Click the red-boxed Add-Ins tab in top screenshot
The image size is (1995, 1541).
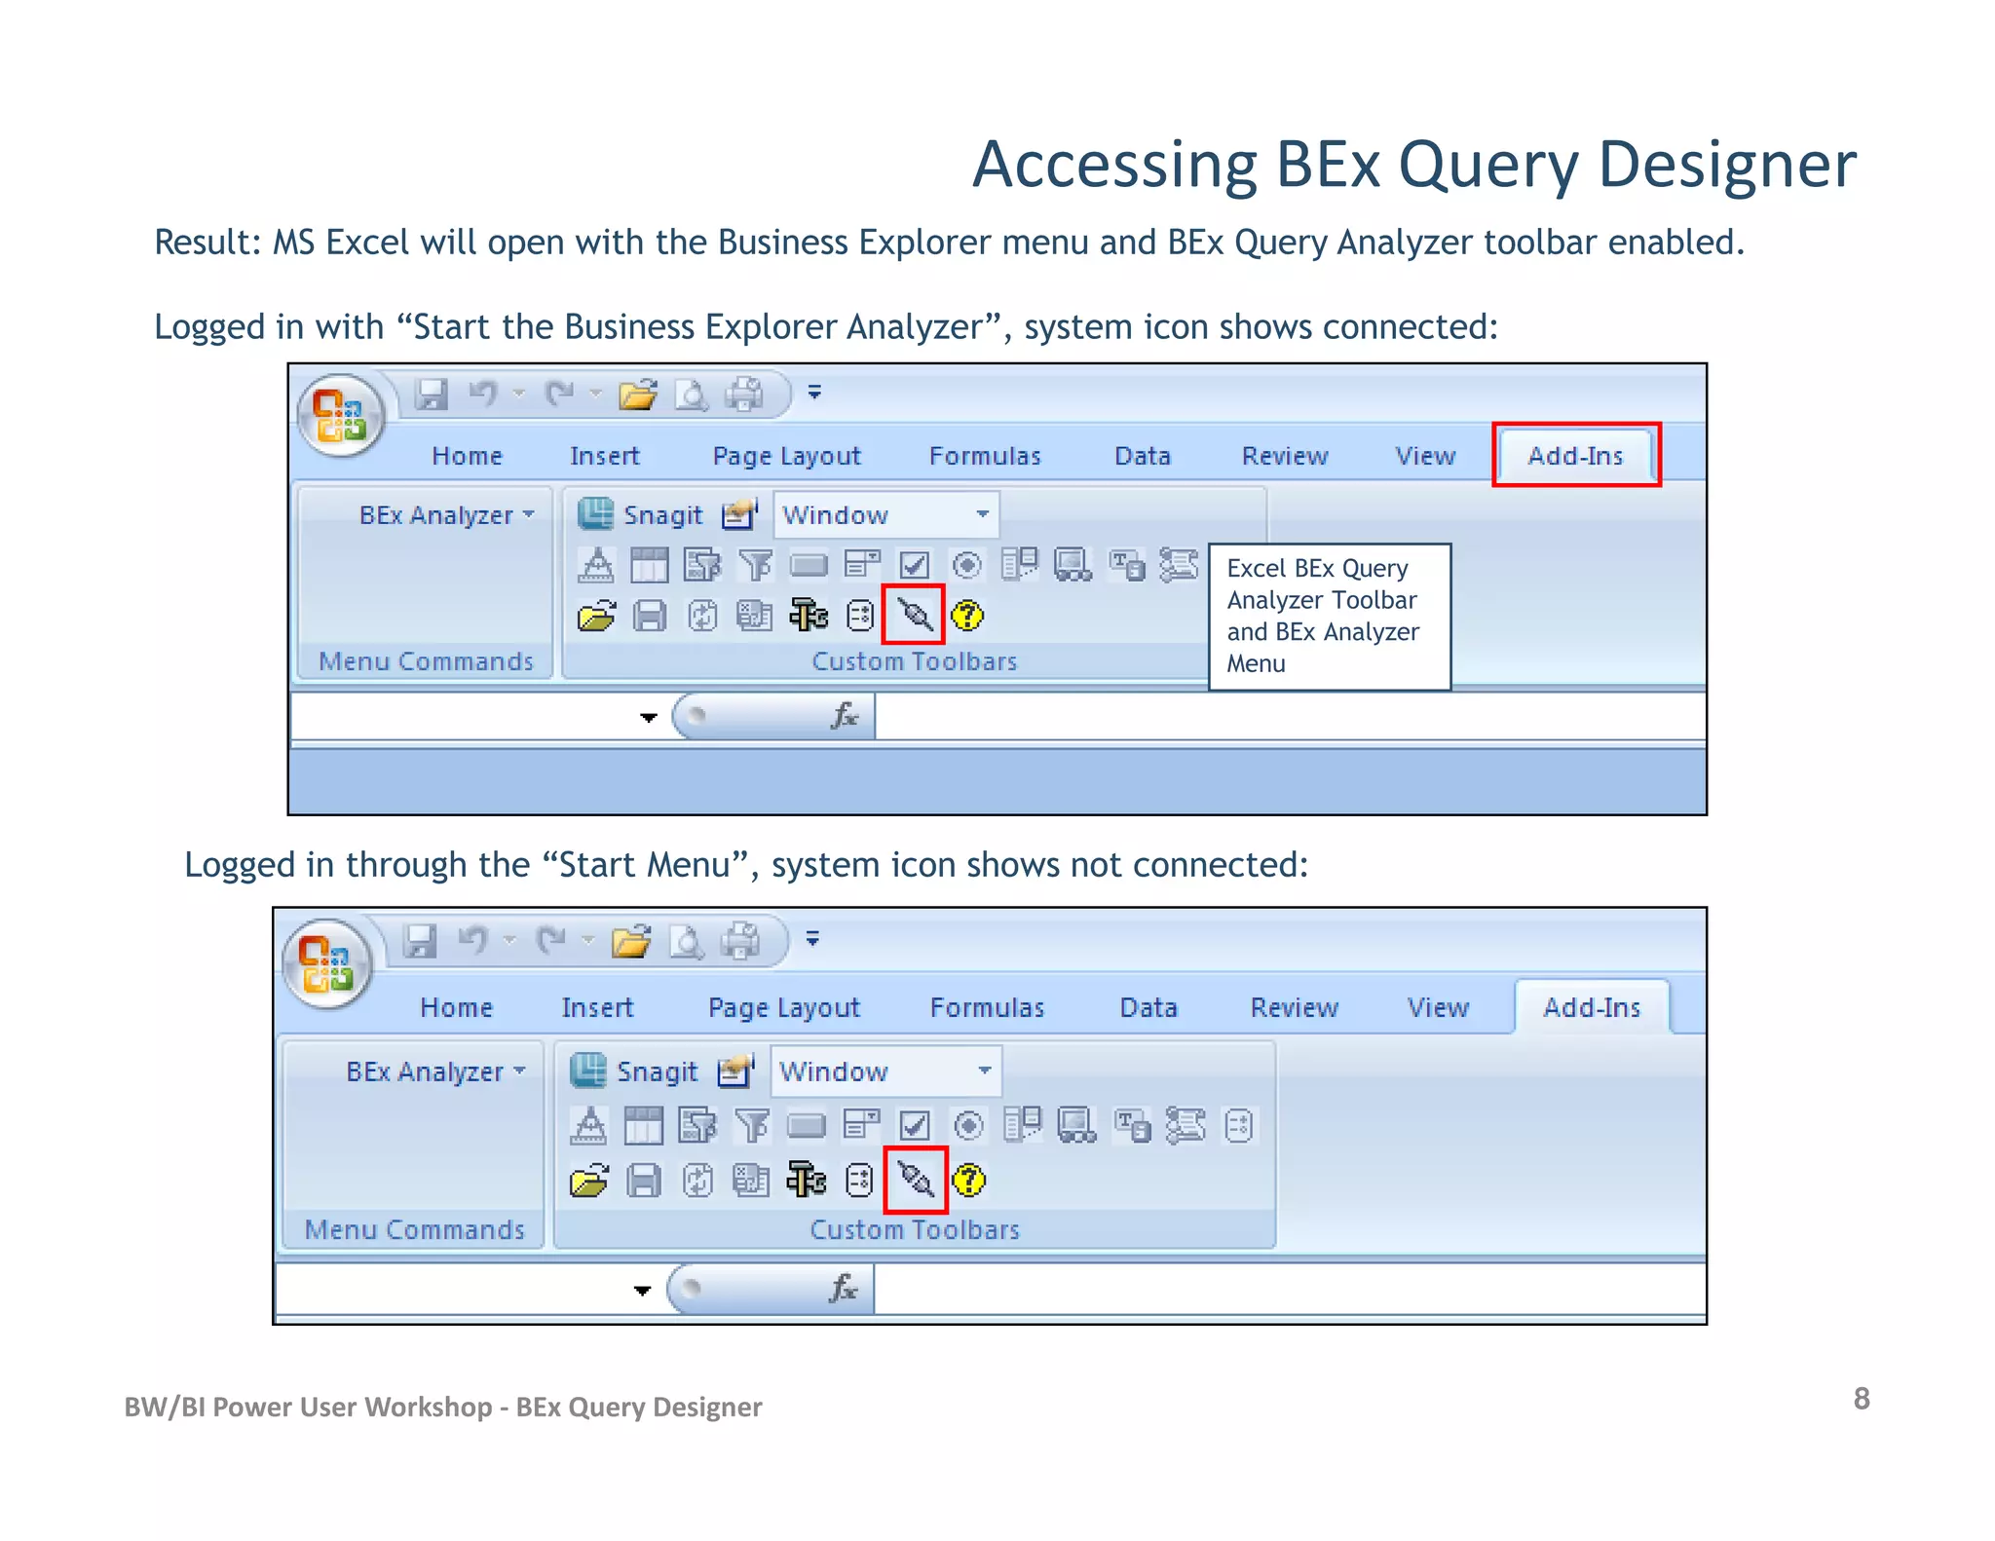pyautogui.click(x=1575, y=455)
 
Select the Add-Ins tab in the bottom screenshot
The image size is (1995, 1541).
pyautogui.click(x=1592, y=1007)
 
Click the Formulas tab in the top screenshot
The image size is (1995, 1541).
pyautogui.click(x=985, y=456)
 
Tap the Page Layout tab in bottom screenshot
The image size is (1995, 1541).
pyautogui.click(x=784, y=1007)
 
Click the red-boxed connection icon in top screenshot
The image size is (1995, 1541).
pyautogui.click(x=914, y=615)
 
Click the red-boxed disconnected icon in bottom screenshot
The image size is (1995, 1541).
pyautogui.click(x=916, y=1181)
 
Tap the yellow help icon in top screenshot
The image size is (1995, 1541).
pyautogui.click(x=967, y=616)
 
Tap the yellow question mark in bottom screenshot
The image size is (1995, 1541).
pyautogui.click(x=968, y=1181)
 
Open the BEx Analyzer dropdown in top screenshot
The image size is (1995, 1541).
pyautogui.click(x=446, y=514)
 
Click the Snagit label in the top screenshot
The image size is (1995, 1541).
pyautogui.click(x=662, y=514)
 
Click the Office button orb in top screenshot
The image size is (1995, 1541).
pyautogui.click(x=340, y=416)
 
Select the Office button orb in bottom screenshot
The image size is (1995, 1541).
pyautogui.click(x=326, y=963)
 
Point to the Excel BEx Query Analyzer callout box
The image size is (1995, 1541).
pyautogui.click(x=1329, y=617)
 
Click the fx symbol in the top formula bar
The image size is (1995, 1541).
pyautogui.click(x=844, y=716)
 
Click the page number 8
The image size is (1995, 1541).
pyautogui.click(x=1861, y=1399)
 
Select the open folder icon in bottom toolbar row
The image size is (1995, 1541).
pyautogui.click(x=589, y=1182)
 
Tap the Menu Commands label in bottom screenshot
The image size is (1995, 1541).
pyautogui.click(x=415, y=1229)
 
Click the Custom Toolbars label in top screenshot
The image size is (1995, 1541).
pyautogui.click(x=914, y=661)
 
